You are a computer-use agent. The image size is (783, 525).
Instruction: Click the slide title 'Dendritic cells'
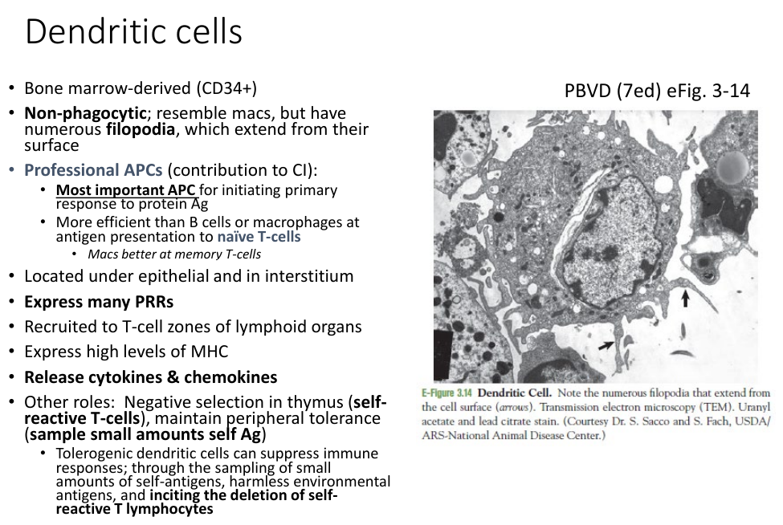coord(133,31)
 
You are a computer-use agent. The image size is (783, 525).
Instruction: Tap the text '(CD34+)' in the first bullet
coord(226,88)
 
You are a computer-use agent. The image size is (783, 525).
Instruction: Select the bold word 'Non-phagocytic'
coord(85,113)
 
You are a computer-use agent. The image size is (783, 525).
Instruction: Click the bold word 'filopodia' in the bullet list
coord(141,130)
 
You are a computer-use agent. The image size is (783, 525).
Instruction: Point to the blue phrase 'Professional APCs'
coord(93,170)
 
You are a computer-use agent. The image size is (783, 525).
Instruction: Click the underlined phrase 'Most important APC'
coord(125,190)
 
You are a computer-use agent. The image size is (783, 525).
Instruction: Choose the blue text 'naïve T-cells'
coord(259,237)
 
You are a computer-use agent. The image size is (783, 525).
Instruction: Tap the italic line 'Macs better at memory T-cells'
coord(174,254)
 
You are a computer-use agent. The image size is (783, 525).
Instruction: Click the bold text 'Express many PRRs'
coord(99,302)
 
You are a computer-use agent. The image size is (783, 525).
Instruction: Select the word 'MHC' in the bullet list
coord(210,352)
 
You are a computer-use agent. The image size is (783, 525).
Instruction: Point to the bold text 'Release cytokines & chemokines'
coord(151,377)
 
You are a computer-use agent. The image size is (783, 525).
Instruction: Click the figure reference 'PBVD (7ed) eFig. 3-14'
coord(657,91)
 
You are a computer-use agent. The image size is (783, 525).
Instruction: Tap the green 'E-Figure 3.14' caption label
coord(447,393)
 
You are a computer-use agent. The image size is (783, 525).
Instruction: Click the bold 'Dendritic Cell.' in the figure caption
coord(514,393)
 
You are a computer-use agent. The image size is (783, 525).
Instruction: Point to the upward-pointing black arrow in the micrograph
coord(685,299)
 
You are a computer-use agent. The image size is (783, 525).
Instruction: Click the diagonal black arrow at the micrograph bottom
coord(606,345)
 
